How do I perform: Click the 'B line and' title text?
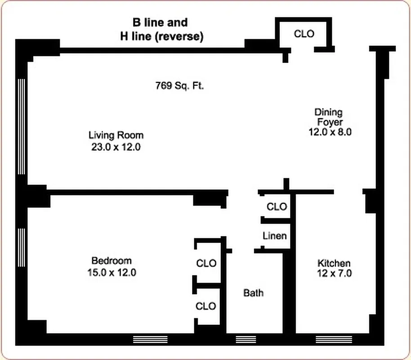pos(160,22)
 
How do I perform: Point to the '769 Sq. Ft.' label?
pos(179,85)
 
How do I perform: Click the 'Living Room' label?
pos(116,135)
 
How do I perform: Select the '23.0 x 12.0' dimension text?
pos(116,147)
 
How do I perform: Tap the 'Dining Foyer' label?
pos(329,117)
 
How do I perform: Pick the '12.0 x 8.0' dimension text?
pos(329,132)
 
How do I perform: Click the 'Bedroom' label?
pos(112,261)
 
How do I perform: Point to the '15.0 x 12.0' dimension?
pos(112,272)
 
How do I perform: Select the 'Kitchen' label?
pos(334,263)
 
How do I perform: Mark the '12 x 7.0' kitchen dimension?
pos(334,273)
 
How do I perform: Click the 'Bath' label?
pos(254,293)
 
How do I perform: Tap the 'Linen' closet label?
pos(274,236)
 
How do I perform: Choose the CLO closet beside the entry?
pos(304,34)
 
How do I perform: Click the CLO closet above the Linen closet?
pos(277,207)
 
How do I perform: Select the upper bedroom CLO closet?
pos(206,263)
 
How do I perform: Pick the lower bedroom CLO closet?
pos(206,306)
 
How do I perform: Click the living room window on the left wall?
pos(21,126)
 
